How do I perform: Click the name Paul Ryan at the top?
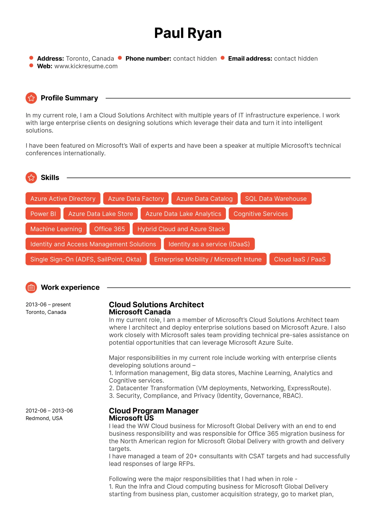click(188, 33)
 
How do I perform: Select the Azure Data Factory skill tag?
click(136, 199)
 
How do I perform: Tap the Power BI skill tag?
click(43, 214)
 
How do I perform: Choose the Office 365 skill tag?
click(109, 229)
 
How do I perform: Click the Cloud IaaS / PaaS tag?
click(300, 259)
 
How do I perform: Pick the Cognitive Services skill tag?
click(260, 214)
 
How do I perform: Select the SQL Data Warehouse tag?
click(276, 199)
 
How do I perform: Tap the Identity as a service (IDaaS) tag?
click(209, 244)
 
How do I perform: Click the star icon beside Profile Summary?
click(31, 98)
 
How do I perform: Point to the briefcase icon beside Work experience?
click(31, 288)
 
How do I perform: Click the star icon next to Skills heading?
click(31, 178)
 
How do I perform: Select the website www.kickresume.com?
click(86, 66)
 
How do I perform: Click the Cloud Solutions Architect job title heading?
click(156, 305)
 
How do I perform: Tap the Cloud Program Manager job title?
click(154, 411)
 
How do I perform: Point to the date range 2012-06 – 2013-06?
click(49, 411)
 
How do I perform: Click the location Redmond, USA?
click(44, 418)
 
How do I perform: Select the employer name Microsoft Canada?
click(140, 312)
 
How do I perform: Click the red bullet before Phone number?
click(120, 58)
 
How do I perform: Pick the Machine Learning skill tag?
click(56, 229)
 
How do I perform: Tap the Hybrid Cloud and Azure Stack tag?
click(181, 229)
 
